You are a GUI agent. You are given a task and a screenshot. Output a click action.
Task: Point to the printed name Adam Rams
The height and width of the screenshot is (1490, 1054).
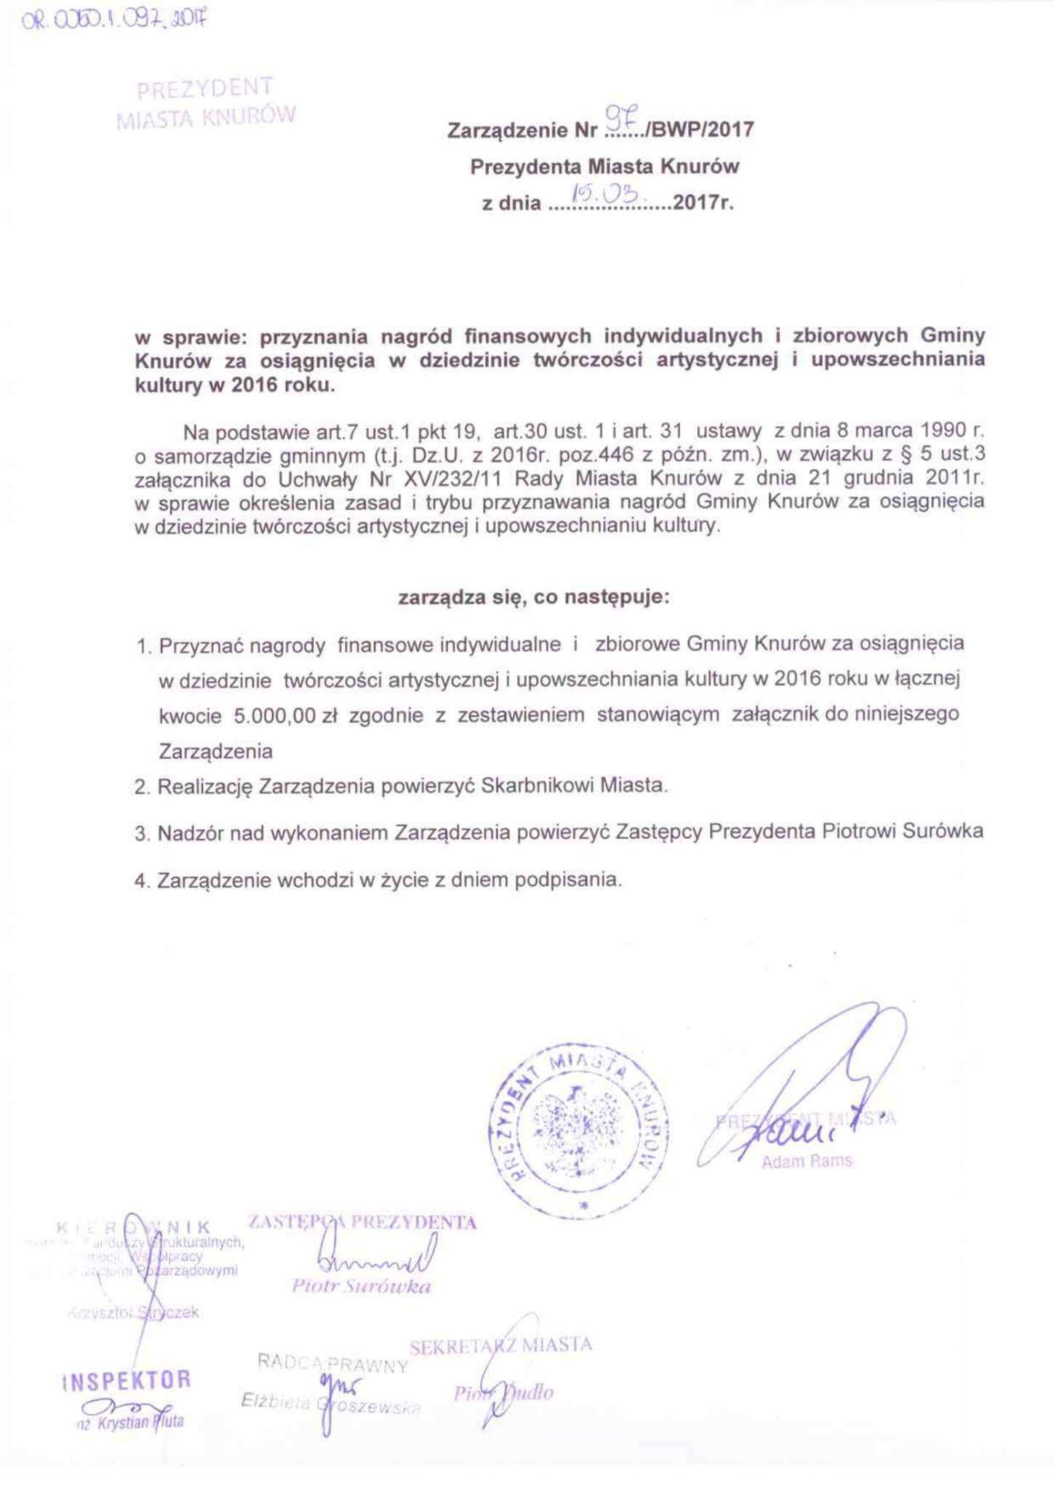806,1161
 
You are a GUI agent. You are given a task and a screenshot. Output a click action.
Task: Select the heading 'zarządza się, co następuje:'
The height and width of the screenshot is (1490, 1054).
533,598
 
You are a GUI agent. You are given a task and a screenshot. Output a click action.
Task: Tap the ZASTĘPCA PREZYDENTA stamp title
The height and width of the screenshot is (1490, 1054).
362,1222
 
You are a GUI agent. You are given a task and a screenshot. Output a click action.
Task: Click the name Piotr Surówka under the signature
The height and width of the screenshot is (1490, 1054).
361,1286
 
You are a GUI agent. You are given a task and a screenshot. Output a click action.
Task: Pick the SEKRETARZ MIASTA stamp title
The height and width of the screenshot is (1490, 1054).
500,1345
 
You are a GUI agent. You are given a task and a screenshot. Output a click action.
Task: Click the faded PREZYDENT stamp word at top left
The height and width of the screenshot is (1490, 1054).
205,88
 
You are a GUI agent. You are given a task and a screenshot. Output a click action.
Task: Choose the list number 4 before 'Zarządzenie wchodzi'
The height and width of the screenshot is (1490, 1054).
140,881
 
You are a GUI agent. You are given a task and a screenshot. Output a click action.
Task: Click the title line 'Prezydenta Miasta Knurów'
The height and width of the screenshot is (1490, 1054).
604,167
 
